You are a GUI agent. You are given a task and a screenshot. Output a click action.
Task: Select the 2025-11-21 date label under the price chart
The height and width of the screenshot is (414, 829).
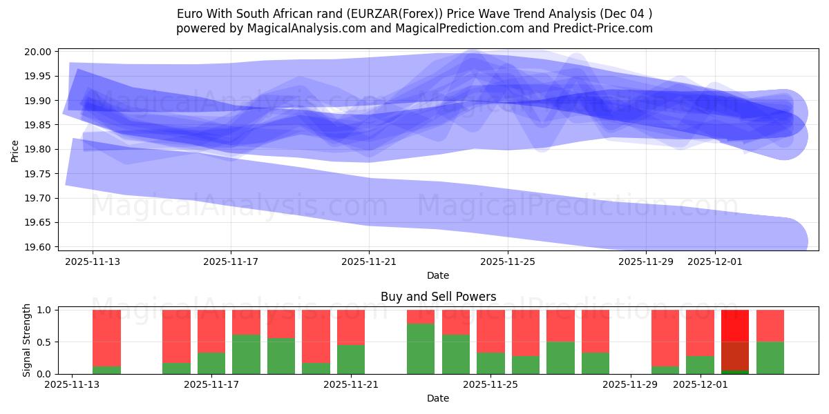[369, 262]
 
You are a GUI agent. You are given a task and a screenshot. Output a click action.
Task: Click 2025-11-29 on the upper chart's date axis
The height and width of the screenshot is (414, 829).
[645, 262]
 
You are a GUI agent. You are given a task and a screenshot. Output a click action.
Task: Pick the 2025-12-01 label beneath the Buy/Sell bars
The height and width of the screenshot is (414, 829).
[701, 384]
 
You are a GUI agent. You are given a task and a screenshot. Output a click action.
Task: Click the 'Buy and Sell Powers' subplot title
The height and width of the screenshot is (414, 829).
[438, 297]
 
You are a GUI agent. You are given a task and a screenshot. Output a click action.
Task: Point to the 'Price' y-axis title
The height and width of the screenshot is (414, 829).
[15, 150]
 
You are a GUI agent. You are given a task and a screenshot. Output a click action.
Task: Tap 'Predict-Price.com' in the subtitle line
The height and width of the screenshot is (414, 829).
[605, 28]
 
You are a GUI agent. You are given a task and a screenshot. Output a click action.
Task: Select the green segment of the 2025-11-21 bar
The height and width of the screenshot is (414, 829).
[351, 359]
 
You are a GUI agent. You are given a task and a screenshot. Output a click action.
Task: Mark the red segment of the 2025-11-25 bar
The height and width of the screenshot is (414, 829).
[490, 331]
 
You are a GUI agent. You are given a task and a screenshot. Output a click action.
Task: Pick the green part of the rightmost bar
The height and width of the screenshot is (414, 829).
[770, 358]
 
